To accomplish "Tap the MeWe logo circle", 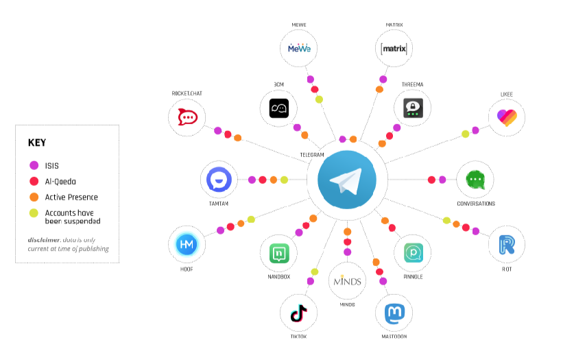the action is pyautogui.click(x=300, y=49).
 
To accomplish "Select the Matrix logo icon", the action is pyautogui.click(x=394, y=49).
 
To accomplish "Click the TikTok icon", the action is pyautogui.click(x=298, y=314).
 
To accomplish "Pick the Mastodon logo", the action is pyautogui.click(x=394, y=314).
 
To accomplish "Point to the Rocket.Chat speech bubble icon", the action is pyautogui.click(x=187, y=116).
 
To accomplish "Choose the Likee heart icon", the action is pyautogui.click(x=507, y=116).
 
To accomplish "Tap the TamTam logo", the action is pyautogui.click(x=219, y=180).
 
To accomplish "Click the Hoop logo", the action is pyautogui.click(x=187, y=244).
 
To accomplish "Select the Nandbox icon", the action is pyautogui.click(x=278, y=252).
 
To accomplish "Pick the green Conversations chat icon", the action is pyautogui.click(x=475, y=180).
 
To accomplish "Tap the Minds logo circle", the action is pyautogui.click(x=347, y=281).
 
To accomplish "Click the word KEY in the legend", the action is pyautogui.click(x=36, y=143).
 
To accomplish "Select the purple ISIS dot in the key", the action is pyautogui.click(x=33, y=165).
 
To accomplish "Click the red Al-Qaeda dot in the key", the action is pyautogui.click(x=33, y=182).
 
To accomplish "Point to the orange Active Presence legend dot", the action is pyautogui.click(x=33, y=197).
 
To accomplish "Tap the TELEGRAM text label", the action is pyautogui.click(x=312, y=155).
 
